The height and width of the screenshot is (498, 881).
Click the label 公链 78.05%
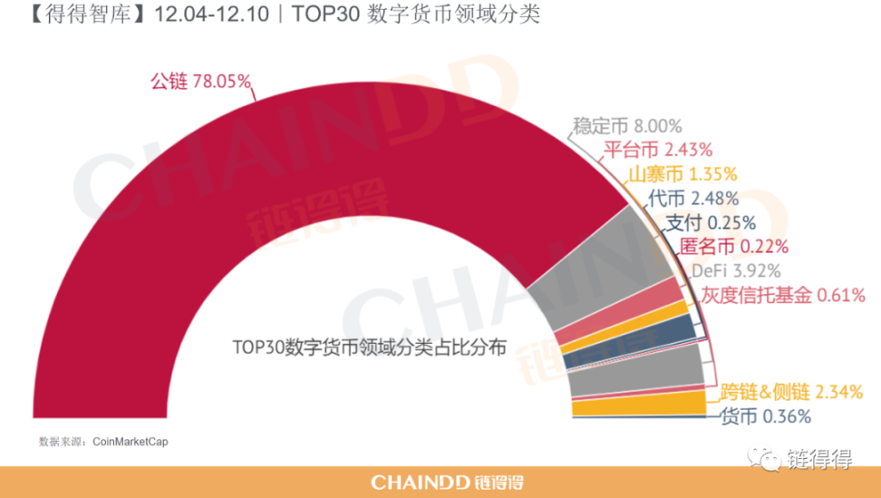pos(199,82)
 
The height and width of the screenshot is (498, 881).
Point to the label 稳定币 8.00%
pos(627,126)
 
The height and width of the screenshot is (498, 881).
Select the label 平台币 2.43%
pos(658,149)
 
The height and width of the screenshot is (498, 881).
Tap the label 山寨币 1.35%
pos(683,173)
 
